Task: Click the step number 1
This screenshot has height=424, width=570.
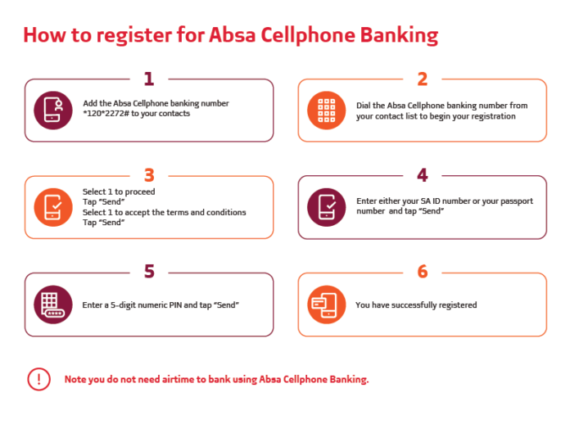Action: coord(149,79)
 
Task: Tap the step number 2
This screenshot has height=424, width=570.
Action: coord(423,79)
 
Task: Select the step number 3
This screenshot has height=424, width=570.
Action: coord(149,175)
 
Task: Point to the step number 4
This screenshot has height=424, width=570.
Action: coord(423,175)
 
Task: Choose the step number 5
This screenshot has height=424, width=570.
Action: coord(149,272)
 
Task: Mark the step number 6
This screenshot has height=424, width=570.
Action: coord(423,272)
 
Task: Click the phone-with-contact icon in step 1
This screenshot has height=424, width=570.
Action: coord(53,111)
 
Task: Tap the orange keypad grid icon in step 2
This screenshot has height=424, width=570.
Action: coord(327,111)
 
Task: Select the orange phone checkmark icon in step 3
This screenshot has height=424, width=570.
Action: coord(53,207)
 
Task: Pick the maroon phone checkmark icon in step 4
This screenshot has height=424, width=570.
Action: coord(327,207)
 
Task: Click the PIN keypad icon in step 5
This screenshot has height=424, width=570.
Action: coord(53,304)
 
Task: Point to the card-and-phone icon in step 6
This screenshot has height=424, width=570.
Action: coord(327,304)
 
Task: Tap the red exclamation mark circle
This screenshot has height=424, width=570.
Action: coord(38,379)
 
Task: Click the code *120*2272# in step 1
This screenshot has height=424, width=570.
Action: coord(106,114)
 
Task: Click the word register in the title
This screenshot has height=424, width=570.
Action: coord(134,35)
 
